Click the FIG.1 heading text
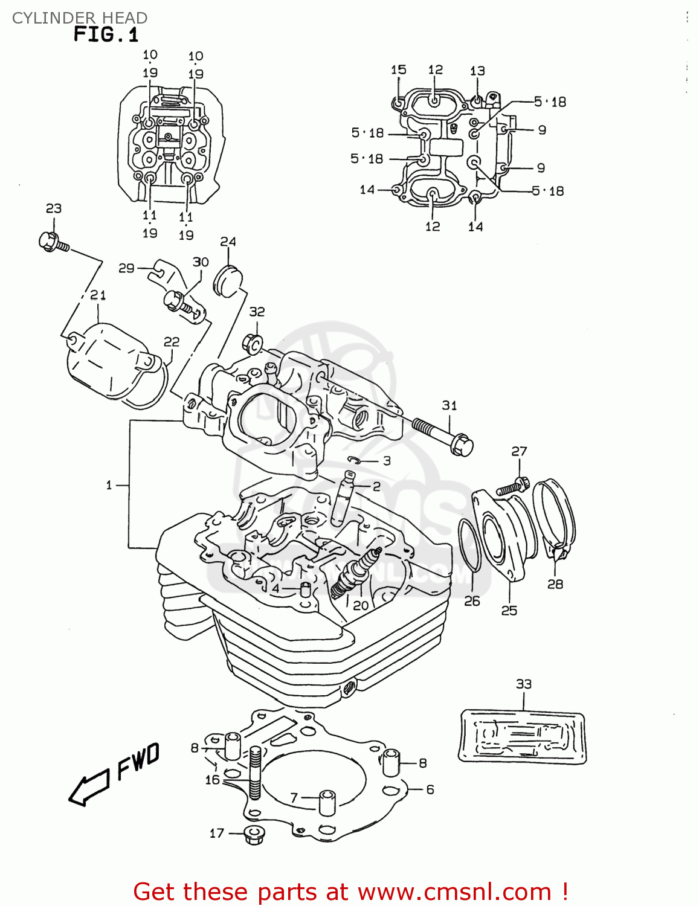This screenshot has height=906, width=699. [x=106, y=34]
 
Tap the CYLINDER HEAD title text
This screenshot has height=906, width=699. [x=79, y=18]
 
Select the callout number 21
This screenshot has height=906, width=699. [x=98, y=295]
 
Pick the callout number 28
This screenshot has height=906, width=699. [x=555, y=583]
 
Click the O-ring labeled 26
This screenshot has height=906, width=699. [x=470, y=544]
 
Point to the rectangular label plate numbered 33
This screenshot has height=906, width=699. [x=523, y=736]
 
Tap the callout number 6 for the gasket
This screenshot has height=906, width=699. [x=430, y=789]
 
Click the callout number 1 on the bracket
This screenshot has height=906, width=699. [x=109, y=484]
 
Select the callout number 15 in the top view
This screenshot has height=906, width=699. [x=398, y=69]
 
